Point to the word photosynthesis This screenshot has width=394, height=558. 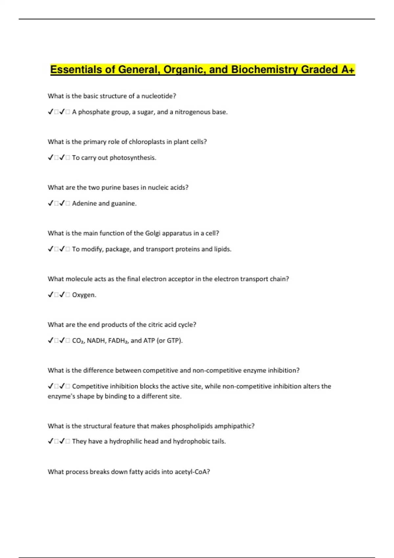(x=133, y=158)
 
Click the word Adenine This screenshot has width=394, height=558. (x=84, y=204)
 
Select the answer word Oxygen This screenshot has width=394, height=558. (x=84, y=295)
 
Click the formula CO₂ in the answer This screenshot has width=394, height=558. (x=78, y=341)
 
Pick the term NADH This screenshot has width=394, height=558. (x=96, y=341)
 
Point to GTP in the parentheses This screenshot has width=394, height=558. (x=174, y=341)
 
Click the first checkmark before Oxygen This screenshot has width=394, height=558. (x=51, y=295)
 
